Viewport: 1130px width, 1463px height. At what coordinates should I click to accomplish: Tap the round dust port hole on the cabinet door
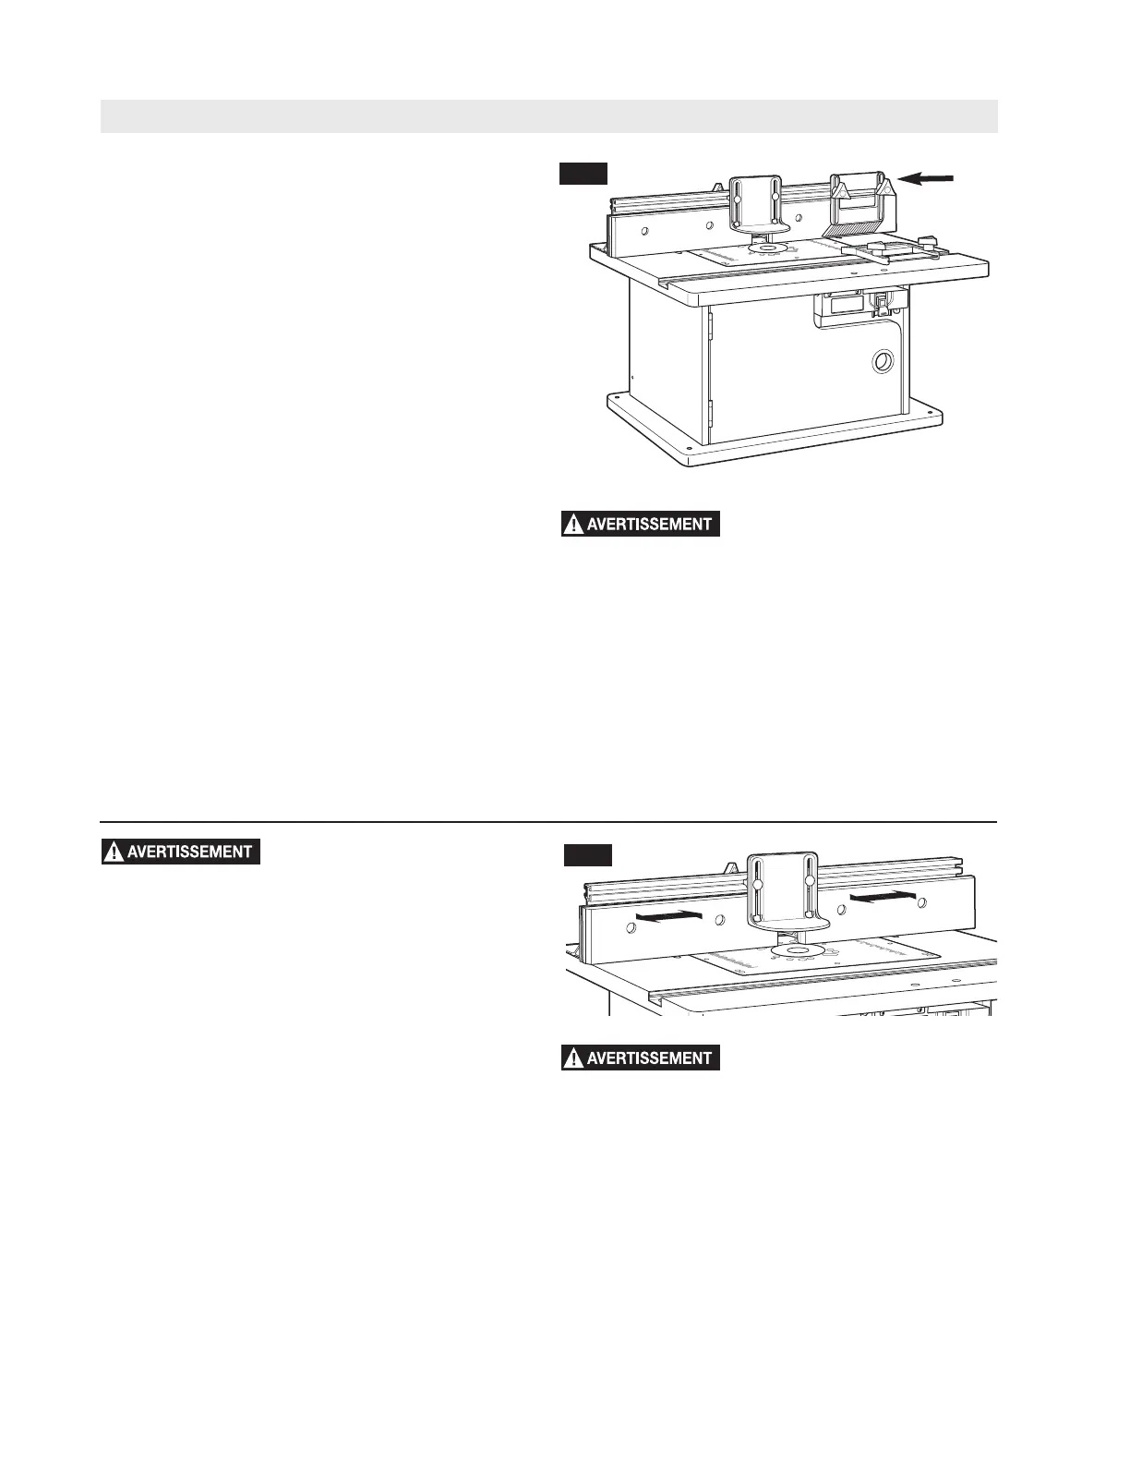883,361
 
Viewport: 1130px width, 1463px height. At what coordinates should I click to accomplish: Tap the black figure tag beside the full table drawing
583,174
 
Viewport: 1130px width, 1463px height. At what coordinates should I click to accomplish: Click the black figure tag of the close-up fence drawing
588,855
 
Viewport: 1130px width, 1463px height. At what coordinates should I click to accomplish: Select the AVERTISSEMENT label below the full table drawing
641,525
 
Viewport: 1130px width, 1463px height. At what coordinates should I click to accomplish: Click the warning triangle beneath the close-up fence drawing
573,1058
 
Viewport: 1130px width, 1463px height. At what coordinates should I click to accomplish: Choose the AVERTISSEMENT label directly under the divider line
181,852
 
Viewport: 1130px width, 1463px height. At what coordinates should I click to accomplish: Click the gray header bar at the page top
548,116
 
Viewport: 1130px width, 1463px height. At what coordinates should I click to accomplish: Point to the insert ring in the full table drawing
766,248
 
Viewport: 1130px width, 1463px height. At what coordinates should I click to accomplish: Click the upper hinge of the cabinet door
710,322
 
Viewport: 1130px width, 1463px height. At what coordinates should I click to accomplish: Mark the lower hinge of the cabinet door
710,413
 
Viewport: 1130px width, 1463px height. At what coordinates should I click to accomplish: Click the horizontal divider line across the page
548,821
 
